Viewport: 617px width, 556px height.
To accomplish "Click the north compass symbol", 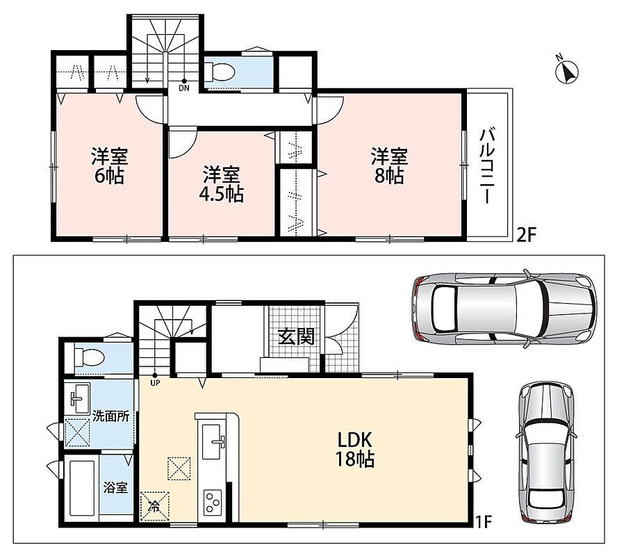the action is pyautogui.click(x=568, y=71).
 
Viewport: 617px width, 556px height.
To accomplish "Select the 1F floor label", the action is pyautogui.click(x=484, y=522).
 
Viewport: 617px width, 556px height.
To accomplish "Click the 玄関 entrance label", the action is pyautogui.click(x=296, y=336).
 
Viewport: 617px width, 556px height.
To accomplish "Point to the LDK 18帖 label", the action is pyautogui.click(x=354, y=449).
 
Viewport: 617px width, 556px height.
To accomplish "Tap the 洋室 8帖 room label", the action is pyautogui.click(x=389, y=166).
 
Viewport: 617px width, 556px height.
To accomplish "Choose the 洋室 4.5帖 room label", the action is pyautogui.click(x=222, y=184).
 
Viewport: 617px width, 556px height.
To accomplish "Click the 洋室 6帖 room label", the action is pyautogui.click(x=109, y=166).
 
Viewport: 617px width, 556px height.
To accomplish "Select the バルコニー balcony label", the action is pyautogui.click(x=487, y=165).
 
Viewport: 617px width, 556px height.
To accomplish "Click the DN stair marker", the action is pyautogui.click(x=183, y=86).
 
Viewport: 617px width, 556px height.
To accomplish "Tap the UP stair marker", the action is pyautogui.click(x=155, y=380).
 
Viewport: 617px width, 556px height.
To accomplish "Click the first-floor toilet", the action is pyautogui.click(x=90, y=358).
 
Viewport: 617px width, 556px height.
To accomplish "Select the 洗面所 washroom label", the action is pyautogui.click(x=110, y=417).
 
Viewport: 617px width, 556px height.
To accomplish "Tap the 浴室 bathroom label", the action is pyautogui.click(x=115, y=488).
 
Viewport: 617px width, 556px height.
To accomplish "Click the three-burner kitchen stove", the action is pyautogui.click(x=213, y=502).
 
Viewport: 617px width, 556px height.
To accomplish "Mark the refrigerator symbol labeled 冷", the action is pyautogui.click(x=155, y=506).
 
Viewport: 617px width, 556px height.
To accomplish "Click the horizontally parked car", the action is pyautogui.click(x=504, y=308).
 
